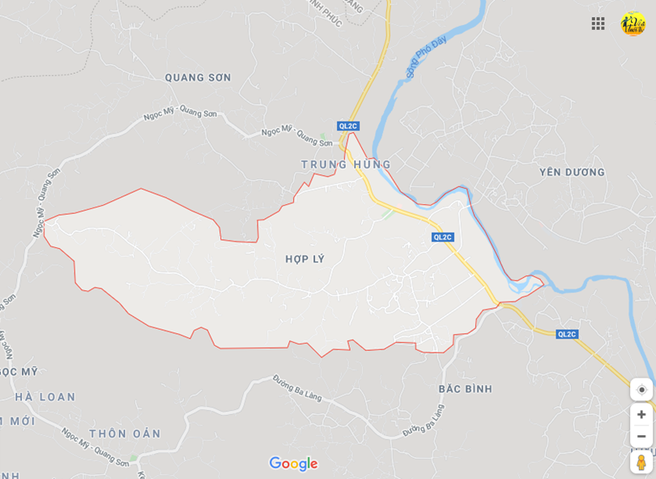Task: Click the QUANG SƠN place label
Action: (x=198, y=78)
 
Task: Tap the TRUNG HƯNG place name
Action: (x=346, y=165)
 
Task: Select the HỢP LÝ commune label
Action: (x=305, y=259)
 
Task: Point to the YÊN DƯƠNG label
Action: (x=572, y=172)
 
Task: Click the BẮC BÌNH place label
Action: (x=465, y=389)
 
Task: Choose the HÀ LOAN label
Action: (x=45, y=397)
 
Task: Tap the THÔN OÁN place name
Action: (x=125, y=434)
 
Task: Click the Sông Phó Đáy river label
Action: (x=427, y=57)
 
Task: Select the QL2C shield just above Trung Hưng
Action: (x=348, y=126)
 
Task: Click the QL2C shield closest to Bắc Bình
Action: (x=567, y=334)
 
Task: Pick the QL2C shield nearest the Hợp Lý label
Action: (x=442, y=237)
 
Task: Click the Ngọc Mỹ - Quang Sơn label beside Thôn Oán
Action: (x=95, y=447)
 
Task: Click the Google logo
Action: (x=293, y=464)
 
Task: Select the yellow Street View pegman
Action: (x=641, y=462)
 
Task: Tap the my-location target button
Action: (x=641, y=390)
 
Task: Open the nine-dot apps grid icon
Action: (x=598, y=24)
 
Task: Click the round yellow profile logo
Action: (x=633, y=24)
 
